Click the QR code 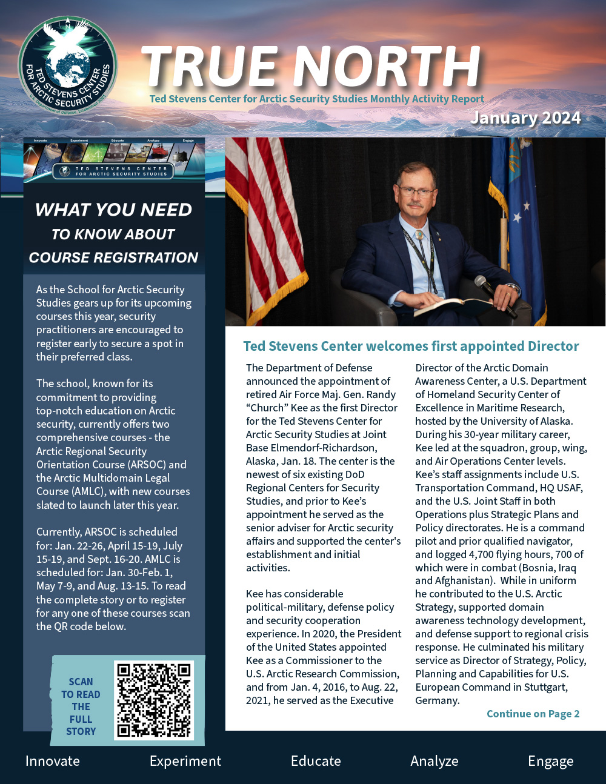coord(154,700)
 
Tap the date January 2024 coord(525,118)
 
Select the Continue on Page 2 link coord(533,714)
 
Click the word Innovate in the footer coord(53,761)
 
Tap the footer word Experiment coord(185,761)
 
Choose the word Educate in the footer coord(316,761)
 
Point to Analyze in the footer coord(435,761)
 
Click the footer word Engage coord(550,761)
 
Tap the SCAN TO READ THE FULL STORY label coord(81,706)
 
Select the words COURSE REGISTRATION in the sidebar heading coord(113,257)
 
